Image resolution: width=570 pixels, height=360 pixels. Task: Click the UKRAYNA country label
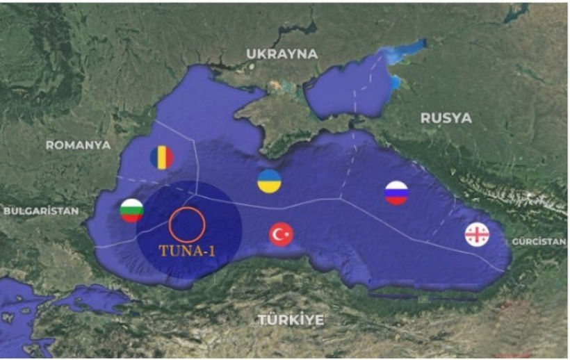tap(282, 54)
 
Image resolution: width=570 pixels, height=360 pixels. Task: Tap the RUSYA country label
tap(446, 118)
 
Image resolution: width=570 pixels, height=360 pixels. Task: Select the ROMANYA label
tap(78, 145)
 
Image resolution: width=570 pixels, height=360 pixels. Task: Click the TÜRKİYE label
tap(291, 320)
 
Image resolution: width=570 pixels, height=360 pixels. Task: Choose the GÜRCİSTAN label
tap(539, 242)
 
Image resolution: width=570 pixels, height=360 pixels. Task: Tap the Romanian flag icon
tap(162, 158)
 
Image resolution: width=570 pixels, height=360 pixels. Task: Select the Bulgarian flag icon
tap(132, 211)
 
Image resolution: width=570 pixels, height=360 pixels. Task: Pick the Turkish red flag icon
tap(281, 235)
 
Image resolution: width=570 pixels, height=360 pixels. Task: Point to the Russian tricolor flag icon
tap(396, 193)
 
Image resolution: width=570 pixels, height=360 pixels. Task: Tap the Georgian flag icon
tap(477, 235)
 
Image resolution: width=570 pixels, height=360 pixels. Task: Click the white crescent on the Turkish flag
tap(278, 235)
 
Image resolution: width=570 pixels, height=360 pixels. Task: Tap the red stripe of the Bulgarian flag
tap(132, 218)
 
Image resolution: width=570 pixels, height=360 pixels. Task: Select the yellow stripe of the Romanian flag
tap(162, 158)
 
